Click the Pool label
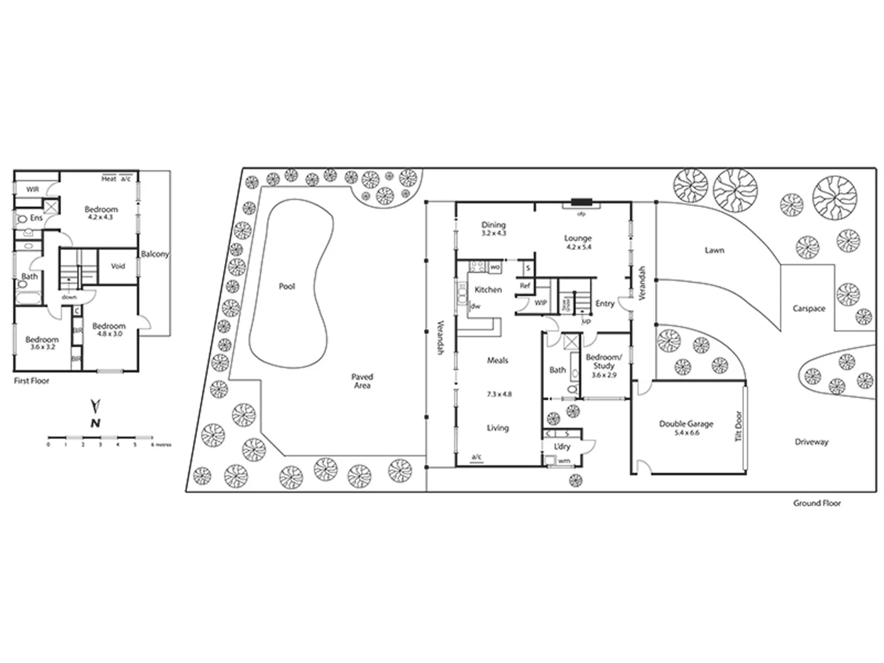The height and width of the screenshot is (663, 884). [287, 286]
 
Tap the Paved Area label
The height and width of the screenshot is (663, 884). [362, 381]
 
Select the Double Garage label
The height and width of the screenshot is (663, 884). [686, 424]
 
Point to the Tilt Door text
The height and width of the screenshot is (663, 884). [739, 426]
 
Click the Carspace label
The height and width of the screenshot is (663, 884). [808, 308]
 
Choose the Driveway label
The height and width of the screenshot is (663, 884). [812, 441]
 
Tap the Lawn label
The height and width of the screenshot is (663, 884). [714, 250]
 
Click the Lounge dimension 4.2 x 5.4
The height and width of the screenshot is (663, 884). [578, 247]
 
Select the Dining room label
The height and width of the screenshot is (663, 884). [494, 225]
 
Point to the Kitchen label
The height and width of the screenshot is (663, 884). [488, 289]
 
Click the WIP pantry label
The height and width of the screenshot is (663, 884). [540, 303]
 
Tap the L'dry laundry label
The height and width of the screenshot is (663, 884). [562, 446]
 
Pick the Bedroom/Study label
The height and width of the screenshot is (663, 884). [603, 361]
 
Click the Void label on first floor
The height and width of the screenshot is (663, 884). [118, 266]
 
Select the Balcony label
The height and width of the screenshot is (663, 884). [155, 254]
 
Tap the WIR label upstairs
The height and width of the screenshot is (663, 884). [33, 190]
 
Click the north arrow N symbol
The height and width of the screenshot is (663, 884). [95, 422]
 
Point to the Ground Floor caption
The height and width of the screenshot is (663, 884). [816, 503]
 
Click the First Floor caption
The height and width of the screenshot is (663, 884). [31, 381]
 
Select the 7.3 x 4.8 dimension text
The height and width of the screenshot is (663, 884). [499, 394]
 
